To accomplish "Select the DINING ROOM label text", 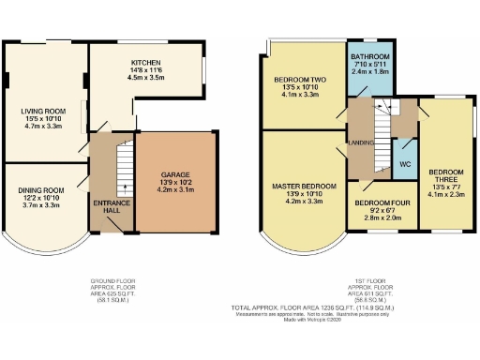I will pyautogui.click(x=39, y=190).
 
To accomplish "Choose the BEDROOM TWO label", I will pyautogui.click(x=301, y=80).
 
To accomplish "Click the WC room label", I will pyautogui.click(x=405, y=164).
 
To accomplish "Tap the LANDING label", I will pyautogui.click(x=362, y=143).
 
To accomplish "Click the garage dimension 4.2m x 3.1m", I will pyautogui.click(x=175, y=189).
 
